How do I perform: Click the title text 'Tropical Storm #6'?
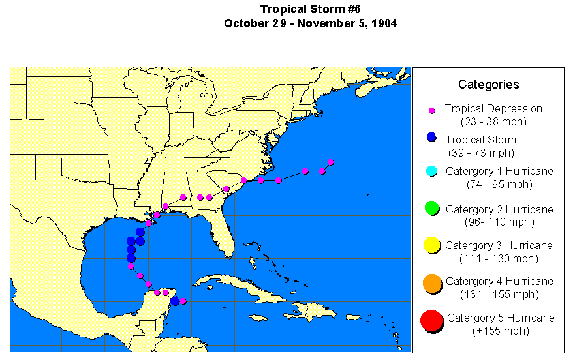pos(310,8)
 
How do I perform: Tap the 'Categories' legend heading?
pos(488,84)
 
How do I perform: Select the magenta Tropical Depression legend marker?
pos(431,111)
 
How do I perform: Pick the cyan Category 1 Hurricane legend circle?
pos(431,171)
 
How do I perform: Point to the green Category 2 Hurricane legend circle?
pos(431,209)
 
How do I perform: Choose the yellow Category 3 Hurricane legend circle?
pos(431,245)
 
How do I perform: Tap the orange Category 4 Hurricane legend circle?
pos(431,284)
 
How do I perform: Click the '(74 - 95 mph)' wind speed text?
pos(499,184)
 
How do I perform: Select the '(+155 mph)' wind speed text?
pos(500,331)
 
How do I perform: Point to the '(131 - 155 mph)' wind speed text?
pos(499,294)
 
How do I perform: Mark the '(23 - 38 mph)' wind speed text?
pos(493,121)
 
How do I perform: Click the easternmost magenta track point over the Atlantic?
pos(330,162)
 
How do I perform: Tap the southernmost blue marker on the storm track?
pos(174,301)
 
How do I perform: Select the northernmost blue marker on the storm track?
pos(140,232)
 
